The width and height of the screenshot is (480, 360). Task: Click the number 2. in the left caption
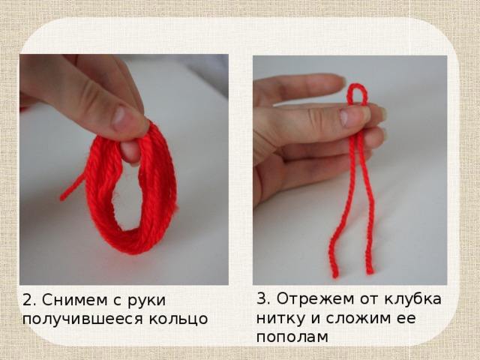pos(30,301)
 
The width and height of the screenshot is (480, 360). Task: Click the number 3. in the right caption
pos(263,298)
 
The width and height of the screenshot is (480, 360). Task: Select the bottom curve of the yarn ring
pos(132,244)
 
